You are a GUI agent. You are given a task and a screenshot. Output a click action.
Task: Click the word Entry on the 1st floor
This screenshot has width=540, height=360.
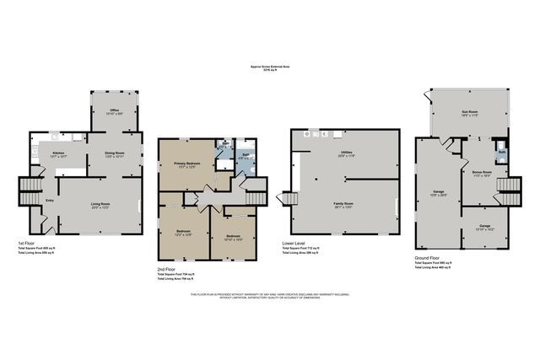click(x=49, y=201)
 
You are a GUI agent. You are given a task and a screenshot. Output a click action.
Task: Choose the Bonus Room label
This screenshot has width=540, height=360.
click(x=482, y=172)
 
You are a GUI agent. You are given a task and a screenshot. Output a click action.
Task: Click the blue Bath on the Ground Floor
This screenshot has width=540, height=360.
click(x=500, y=153)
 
